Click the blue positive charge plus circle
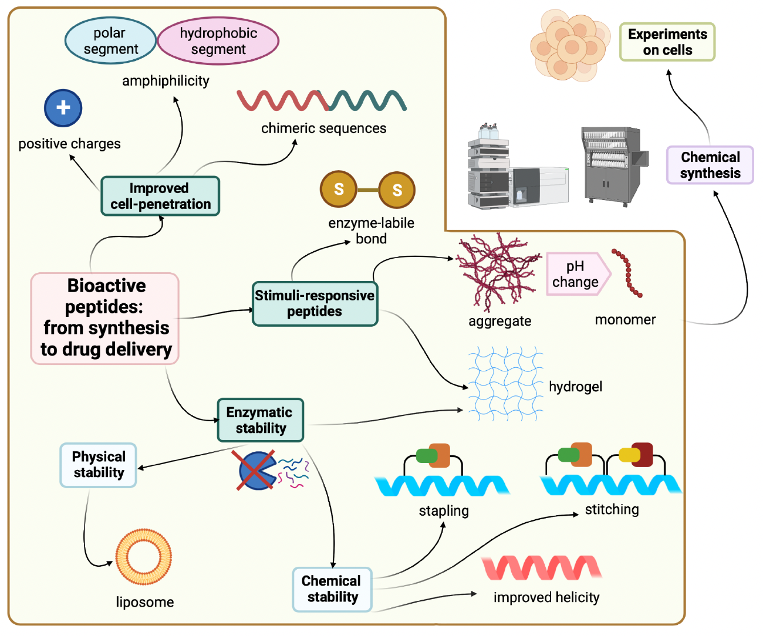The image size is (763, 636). (63, 108)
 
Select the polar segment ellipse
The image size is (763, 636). (110, 40)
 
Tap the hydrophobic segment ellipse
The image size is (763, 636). (218, 41)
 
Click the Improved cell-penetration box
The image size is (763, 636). (160, 196)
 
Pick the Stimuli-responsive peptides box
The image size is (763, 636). (315, 303)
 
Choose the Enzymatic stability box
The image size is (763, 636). (260, 420)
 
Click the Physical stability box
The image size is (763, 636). (98, 465)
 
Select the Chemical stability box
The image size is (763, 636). (332, 589)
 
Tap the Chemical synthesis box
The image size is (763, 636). (710, 165)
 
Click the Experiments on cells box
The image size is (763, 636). (667, 42)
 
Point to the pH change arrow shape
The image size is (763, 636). (578, 274)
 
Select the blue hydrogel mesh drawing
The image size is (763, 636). (506, 384)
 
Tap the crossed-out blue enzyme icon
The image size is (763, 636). (256, 471)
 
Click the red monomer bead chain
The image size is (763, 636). (627, 273)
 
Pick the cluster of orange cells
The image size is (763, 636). (570, 45)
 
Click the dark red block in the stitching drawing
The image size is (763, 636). (642, 455)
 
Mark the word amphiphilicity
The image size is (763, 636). (166, 81)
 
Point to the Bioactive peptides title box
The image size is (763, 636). (105, 318)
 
